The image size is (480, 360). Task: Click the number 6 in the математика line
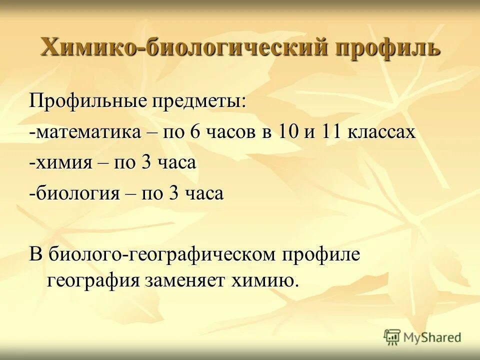pos(194,132)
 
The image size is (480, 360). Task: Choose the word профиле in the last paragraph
pos(322,254)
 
